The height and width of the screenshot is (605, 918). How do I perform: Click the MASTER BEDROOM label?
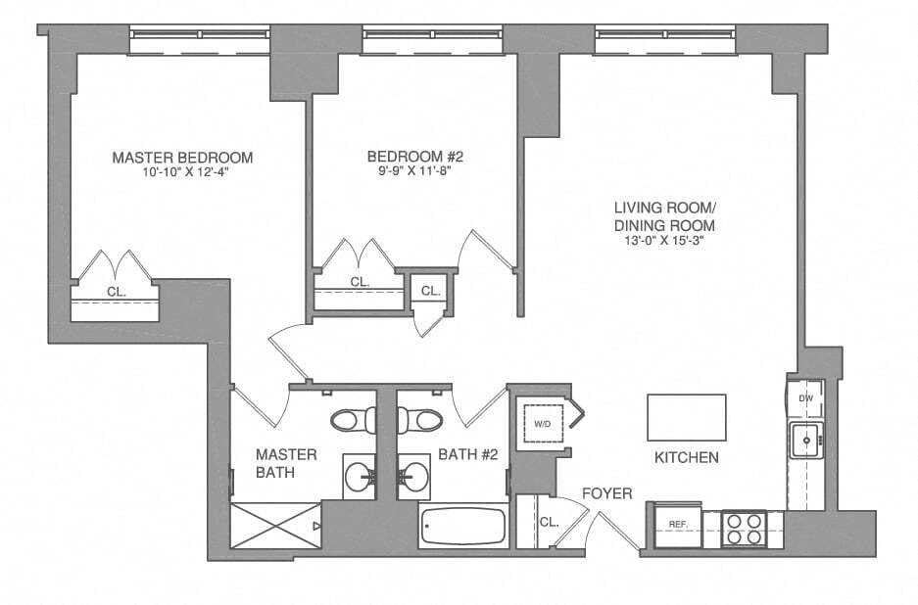coord(182,157)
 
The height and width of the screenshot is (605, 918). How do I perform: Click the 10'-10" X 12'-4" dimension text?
coord(182,171)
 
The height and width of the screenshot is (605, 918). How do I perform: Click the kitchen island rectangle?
coord(686,418)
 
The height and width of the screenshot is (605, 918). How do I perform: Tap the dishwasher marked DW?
coord(805,398)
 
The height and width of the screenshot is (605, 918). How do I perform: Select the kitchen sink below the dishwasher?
coord(806,441)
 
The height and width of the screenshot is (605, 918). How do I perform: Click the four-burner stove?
coord(743,529)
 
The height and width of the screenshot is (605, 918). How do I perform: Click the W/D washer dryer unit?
coord(542,423)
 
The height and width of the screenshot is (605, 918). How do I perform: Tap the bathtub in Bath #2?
coord(462,529)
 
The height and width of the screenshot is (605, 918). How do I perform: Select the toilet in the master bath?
coord(351,420)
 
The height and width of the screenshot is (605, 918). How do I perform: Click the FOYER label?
coord(607,493)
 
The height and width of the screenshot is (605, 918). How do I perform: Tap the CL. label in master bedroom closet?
coord(116,292)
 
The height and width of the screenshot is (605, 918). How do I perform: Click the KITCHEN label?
coord(686,457)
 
